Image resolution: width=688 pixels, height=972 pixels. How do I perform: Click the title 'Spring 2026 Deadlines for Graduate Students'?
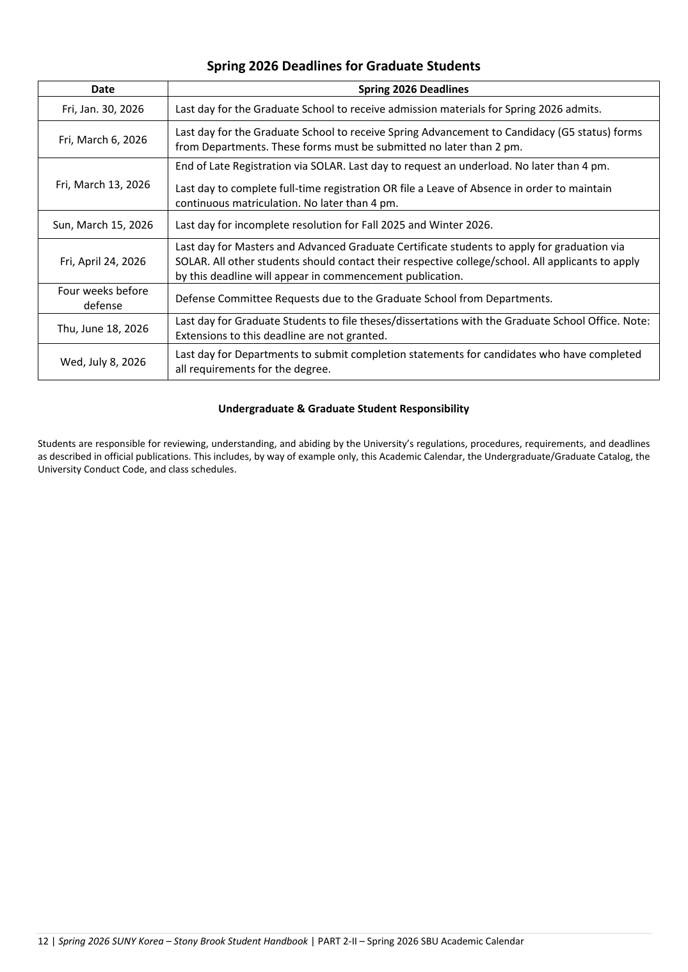344,66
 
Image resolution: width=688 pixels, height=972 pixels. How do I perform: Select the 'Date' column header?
102,90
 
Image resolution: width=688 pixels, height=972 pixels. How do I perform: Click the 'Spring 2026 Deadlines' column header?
413,90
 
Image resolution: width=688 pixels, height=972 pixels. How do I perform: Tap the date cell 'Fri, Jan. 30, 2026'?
102,109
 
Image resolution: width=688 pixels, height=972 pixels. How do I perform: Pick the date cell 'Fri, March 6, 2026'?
102,140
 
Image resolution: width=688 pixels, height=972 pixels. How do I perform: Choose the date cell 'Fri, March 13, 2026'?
102,184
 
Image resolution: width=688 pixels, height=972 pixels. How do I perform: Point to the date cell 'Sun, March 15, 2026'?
102,225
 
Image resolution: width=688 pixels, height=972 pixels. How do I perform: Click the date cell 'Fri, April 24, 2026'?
102,261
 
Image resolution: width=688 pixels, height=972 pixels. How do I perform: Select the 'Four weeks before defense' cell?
102,298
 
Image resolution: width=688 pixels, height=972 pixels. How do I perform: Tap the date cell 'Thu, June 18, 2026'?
102,328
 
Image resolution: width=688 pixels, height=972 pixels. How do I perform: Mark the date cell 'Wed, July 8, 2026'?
102,362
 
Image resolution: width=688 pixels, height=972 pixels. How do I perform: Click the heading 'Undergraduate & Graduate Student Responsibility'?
344,409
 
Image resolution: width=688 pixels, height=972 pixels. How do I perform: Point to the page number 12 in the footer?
43,941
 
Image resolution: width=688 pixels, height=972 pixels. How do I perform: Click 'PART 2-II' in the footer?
340,941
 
